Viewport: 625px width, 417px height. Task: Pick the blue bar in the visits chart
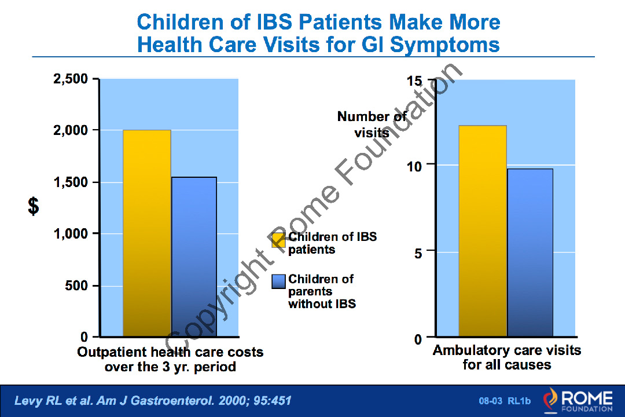click(530, 253)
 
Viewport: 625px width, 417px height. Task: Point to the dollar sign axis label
click(34, 206)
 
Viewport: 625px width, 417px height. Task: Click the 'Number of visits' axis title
click(372, 125)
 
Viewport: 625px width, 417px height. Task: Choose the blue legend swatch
click(279, 281)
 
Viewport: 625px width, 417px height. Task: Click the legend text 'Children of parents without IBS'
click(322, 291)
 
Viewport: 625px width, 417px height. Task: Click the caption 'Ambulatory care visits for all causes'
click(506, 357)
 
